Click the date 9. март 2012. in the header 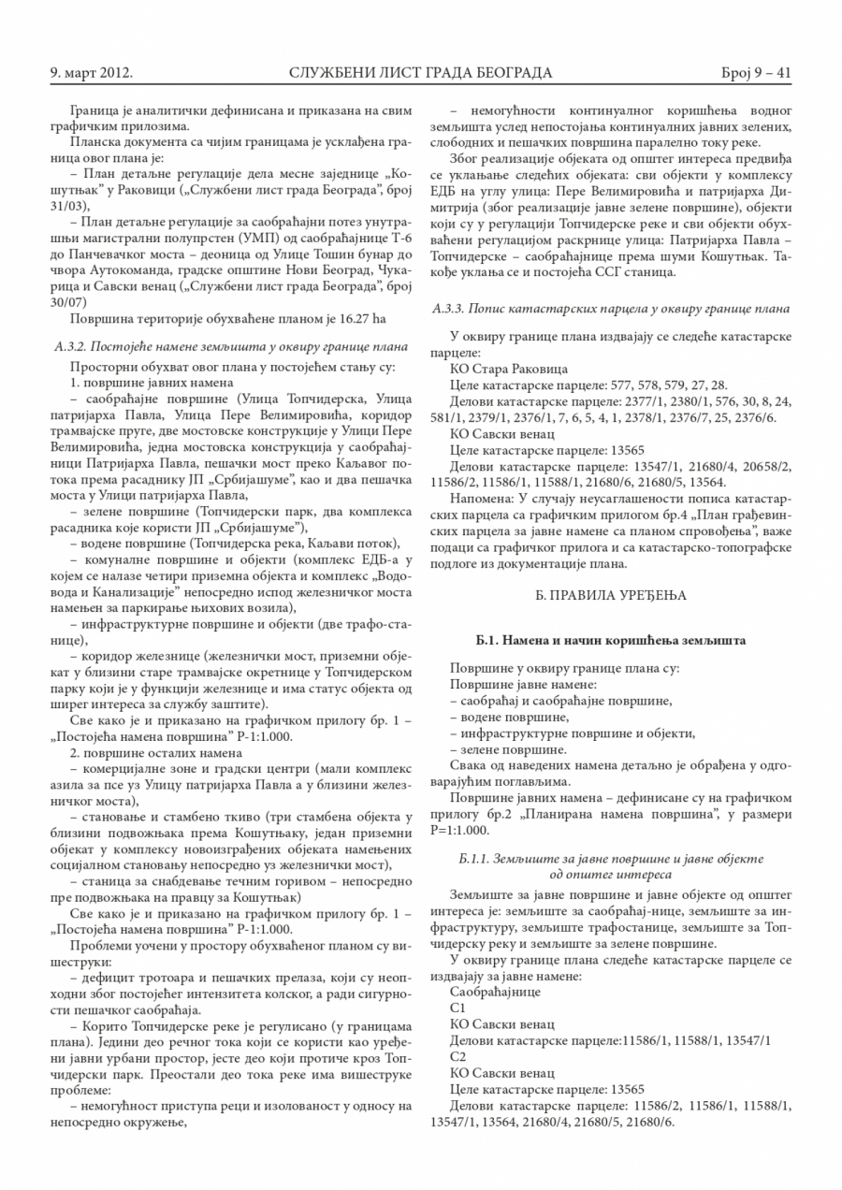pyautogui.click(x=92, y=72)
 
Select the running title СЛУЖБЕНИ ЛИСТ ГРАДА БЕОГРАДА pyautogui.click(x=420, y=72)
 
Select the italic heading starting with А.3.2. pyautogui.click(x=231, y=345)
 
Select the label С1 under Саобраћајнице pyautogui.click(x=457, y=1009)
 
